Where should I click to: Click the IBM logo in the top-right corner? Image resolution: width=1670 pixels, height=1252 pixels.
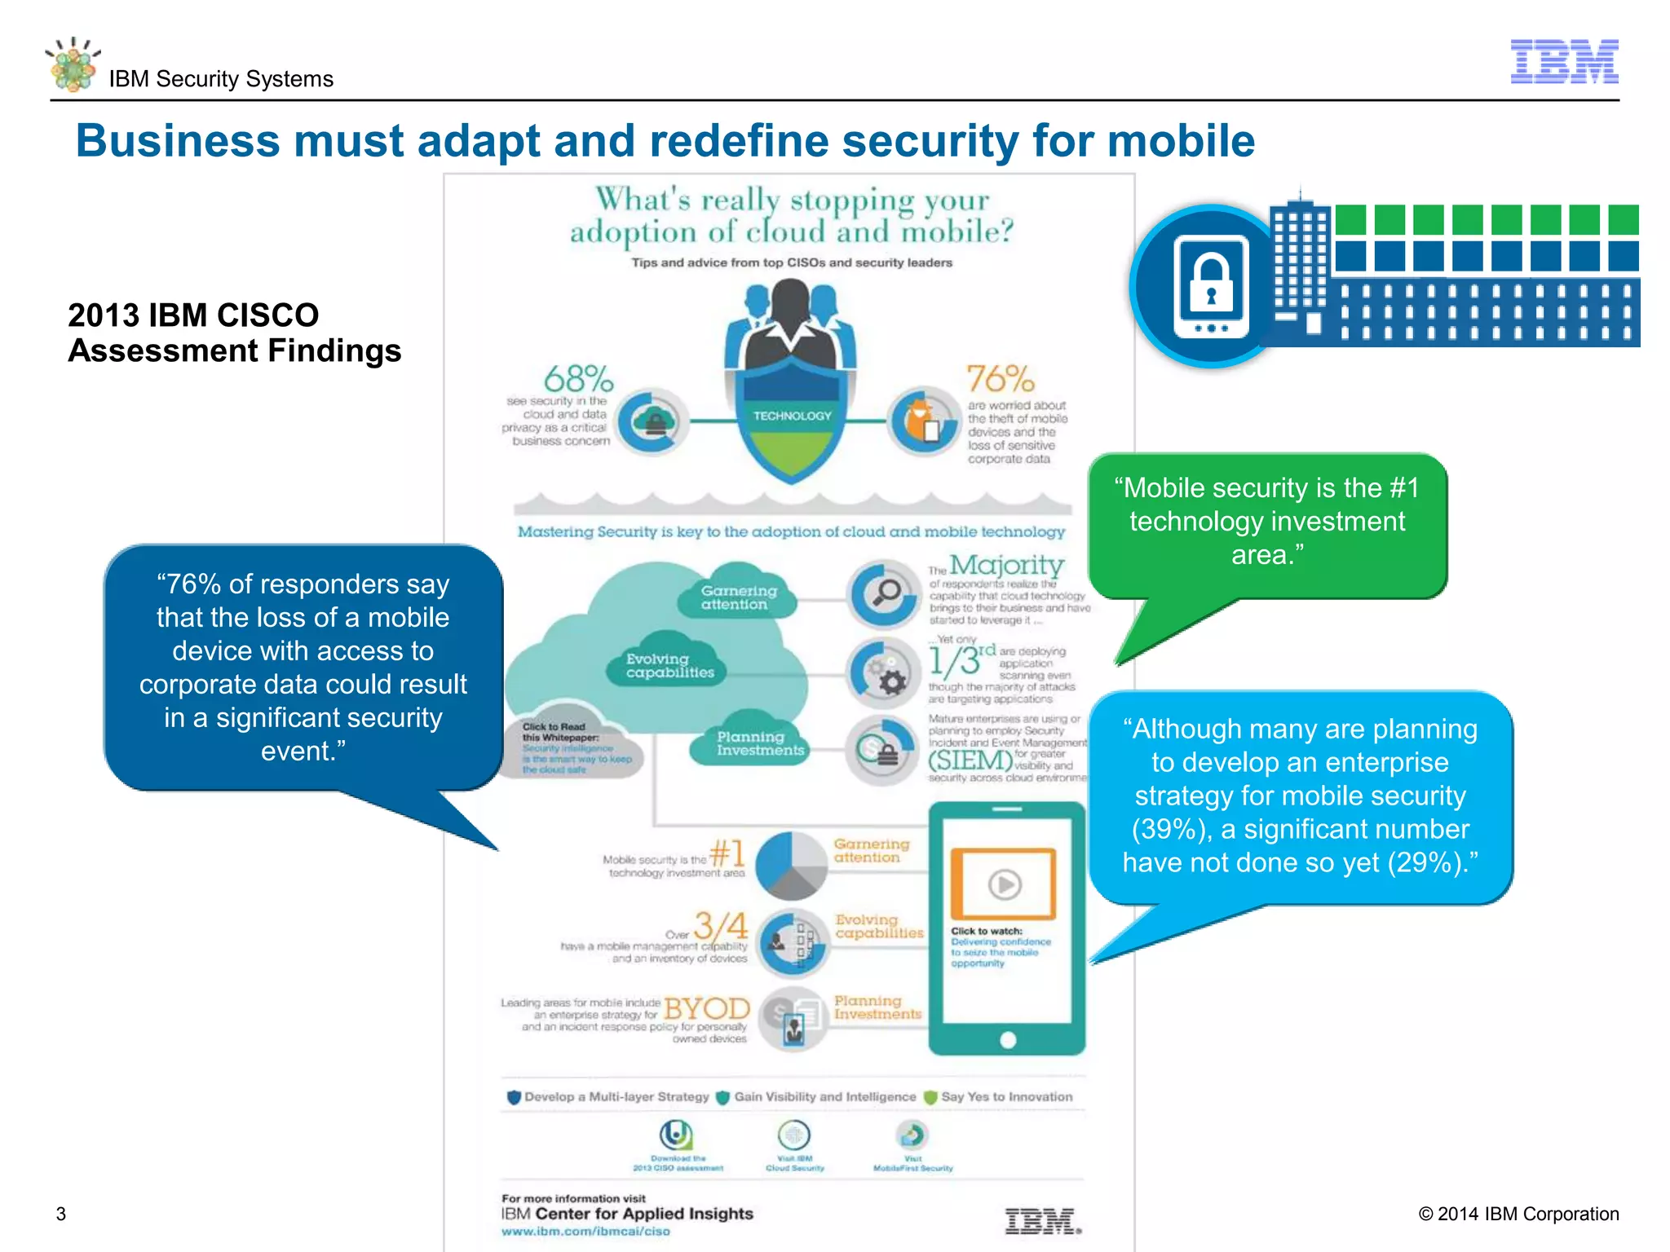[1564, 61]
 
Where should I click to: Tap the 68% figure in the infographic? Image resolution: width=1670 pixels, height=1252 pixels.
[578, 379]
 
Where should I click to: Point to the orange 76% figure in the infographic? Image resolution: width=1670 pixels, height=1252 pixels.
[1000, 379]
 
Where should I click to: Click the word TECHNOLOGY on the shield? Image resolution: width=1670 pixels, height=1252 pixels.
[792, 416]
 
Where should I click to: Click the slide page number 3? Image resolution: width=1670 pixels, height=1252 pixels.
[61, 1214]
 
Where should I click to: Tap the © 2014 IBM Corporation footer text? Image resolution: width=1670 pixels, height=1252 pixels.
[1518, 1214]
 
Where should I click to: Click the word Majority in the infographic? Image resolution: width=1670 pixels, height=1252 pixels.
[1006, 565]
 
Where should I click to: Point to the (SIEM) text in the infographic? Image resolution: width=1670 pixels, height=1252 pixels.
[970, 760]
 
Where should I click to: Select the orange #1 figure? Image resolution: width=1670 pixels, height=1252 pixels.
[727, 853]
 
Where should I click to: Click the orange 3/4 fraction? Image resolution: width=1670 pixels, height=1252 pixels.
[720, 926]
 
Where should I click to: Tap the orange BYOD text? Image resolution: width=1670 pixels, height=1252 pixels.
[707, 1008]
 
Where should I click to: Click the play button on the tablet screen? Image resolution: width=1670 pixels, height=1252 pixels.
[1005, 884]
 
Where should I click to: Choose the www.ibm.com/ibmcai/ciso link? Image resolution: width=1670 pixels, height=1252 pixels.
[585, 1232]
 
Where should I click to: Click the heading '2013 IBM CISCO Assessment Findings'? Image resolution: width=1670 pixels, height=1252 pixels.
[234, 333]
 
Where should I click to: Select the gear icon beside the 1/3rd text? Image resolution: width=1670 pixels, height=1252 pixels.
[891, 681]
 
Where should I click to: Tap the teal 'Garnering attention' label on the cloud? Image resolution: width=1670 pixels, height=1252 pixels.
[739, 597]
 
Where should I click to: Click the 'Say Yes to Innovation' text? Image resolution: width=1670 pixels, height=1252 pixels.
[1006, 1097]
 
